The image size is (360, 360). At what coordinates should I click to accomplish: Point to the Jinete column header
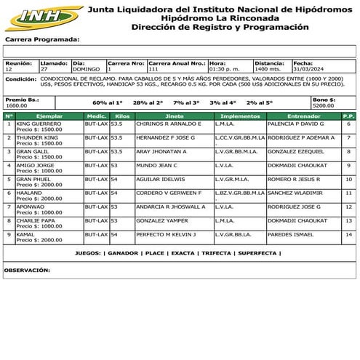(x=175, y=116)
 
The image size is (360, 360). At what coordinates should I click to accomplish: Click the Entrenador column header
(x=297, y=116)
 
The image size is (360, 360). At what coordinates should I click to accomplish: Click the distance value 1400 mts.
(x=268, y=68)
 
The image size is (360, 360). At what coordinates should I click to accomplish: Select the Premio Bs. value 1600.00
(x=16, y=105)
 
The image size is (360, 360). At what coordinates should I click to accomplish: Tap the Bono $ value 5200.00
(x=324, y=105)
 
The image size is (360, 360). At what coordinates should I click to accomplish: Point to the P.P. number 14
(x=348, y=234)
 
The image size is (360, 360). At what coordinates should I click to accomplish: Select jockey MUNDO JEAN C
(x=157, y=165)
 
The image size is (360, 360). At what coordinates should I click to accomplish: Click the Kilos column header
(x=122, y=116)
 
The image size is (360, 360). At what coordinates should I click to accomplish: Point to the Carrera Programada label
(x=41, y=40)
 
